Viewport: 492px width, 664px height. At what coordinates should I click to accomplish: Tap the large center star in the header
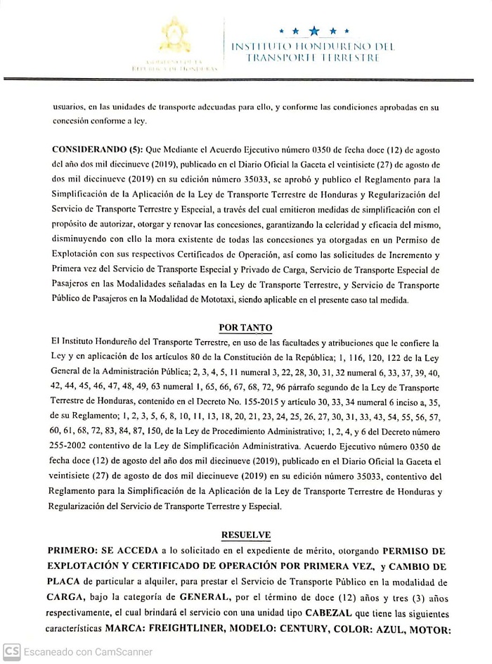(x=313, y=31)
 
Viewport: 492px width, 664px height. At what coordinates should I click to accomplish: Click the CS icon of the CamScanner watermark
(x=11, y=652)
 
